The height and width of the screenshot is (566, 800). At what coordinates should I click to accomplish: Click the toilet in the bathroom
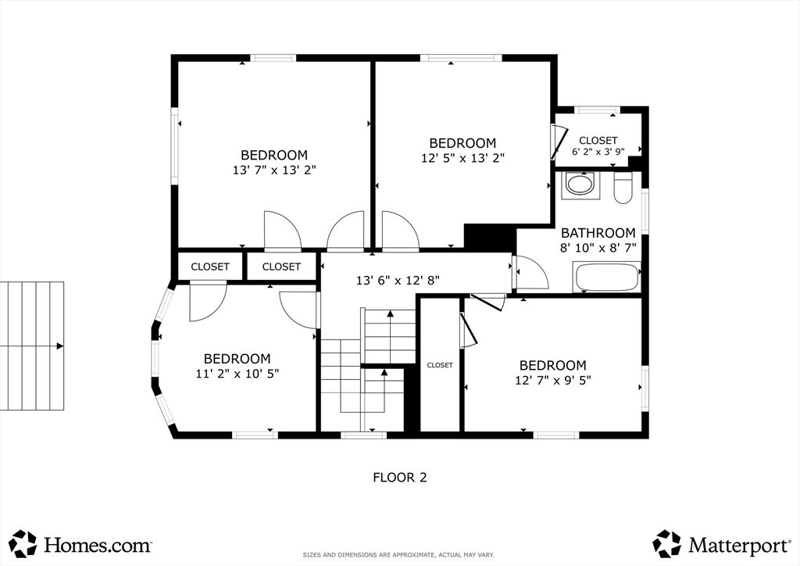click(623, 189)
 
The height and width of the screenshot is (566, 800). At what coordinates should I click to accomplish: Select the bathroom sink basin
click(580, 184)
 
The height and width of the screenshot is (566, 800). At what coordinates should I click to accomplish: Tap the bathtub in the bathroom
click(607, 277)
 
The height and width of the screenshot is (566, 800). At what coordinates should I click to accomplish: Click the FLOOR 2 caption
click(400, 478)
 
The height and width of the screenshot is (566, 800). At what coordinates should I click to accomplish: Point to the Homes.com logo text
click(98, 545)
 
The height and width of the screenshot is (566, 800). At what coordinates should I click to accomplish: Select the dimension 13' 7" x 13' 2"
click(274, 170)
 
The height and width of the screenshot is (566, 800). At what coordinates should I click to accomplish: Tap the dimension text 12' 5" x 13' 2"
click(462, 158)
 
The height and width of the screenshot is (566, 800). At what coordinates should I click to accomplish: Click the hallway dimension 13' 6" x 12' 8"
click(398, 280)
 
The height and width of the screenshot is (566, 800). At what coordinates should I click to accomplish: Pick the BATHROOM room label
click(598, 233)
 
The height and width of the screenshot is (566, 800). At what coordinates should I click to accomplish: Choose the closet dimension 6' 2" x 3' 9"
click(598, 151)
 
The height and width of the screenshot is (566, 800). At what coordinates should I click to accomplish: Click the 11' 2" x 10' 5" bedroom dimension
click(237, 374)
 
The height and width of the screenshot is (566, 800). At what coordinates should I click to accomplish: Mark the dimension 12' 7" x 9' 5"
click(553, 381)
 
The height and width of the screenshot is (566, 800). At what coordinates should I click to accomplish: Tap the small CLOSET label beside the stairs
click(440, 365)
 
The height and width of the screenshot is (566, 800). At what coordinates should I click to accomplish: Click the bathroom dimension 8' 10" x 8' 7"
click(598, 249)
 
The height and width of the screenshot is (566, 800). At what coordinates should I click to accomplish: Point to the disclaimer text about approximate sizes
click(398, 555)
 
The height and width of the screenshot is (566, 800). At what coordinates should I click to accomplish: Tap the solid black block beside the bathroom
click(490, 238)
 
